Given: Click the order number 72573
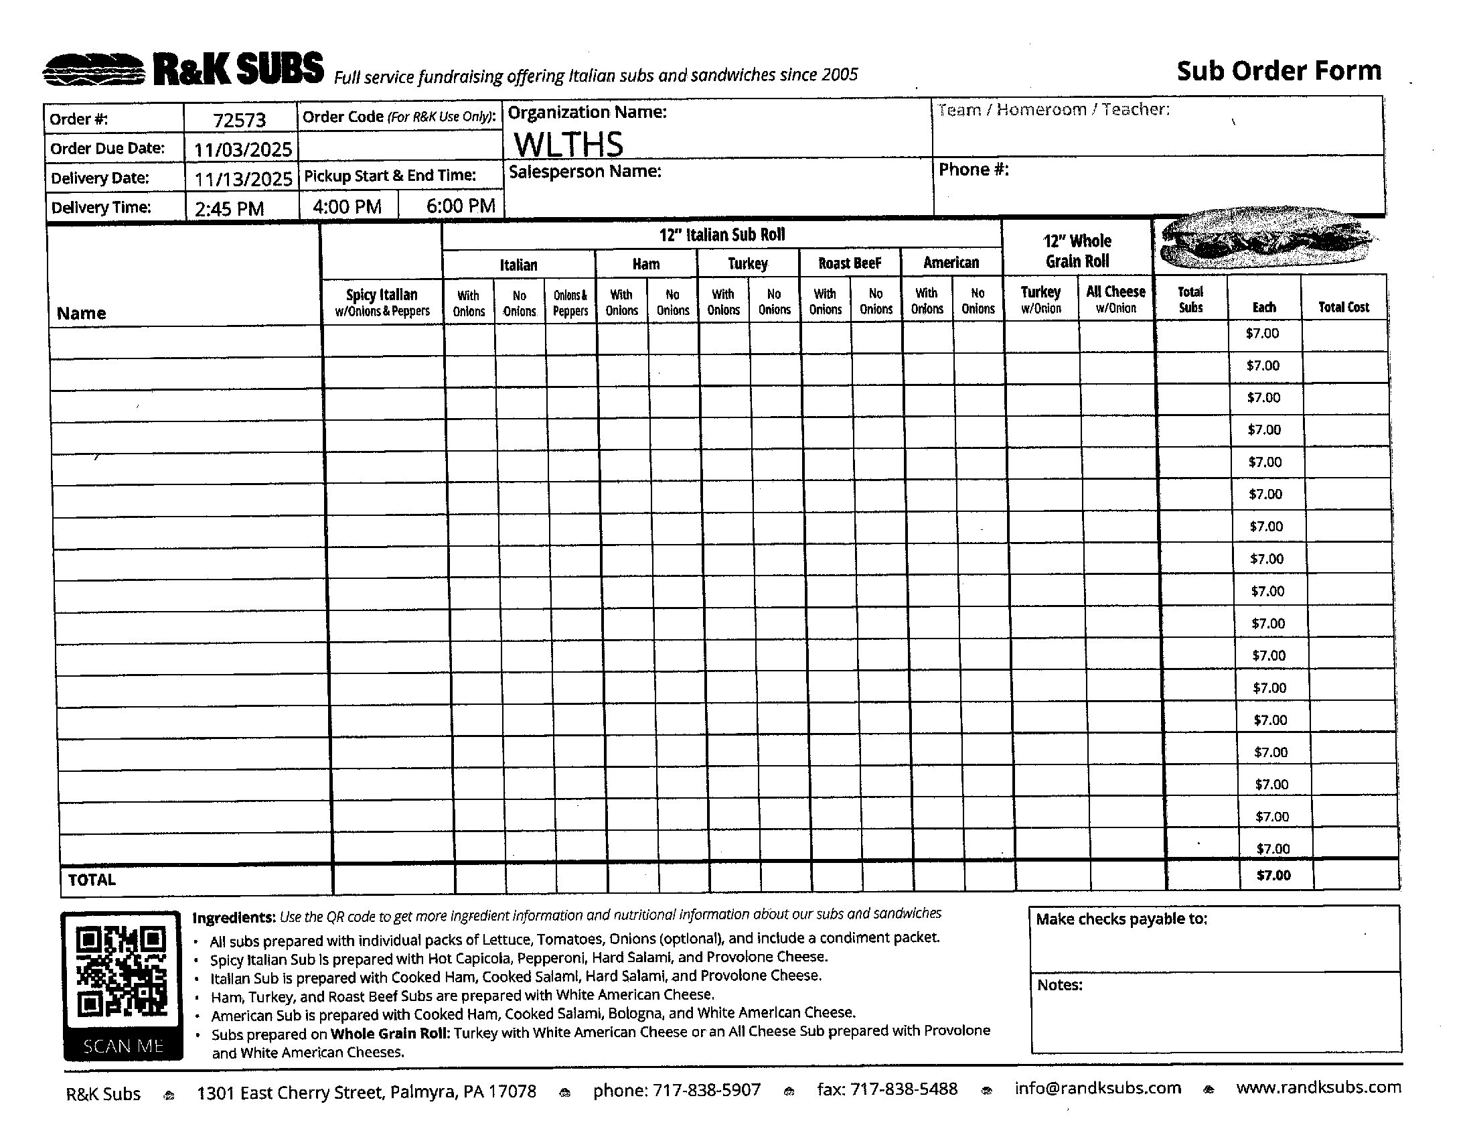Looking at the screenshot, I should (240, 120).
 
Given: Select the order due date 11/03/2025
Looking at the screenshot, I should (243, 149).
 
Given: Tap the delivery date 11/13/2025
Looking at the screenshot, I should (244, 179).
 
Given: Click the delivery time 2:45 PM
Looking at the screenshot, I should (229, 208).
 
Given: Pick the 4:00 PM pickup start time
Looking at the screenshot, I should (347, 206).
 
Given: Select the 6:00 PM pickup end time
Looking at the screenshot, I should (460, 206).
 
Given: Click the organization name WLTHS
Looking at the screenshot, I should (568, 144).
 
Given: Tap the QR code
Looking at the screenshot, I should (121, 972).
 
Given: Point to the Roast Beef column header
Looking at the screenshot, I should (849, 263).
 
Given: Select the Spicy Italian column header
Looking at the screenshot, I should (382, 301).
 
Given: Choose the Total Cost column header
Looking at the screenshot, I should (1344, 308).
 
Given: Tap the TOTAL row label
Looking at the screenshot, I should (92, 879).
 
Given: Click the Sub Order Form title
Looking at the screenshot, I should (1279, 71).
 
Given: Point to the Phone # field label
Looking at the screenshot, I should (974, 170).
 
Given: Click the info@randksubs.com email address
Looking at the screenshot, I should (1097, 1087).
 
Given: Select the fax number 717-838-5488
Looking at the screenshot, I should (887, 1089).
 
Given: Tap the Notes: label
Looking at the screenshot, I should (1060, 985).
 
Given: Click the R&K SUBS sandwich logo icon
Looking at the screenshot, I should (94, 70).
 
